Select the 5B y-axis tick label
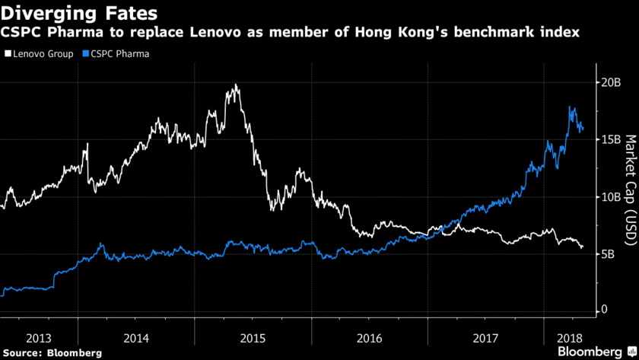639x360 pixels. click(607, 253)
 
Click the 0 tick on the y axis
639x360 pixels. click(603, 310)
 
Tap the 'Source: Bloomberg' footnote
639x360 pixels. click(51, 352)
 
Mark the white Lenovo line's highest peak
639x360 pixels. click(236, 85)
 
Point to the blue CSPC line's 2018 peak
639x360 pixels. click(571, 107)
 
